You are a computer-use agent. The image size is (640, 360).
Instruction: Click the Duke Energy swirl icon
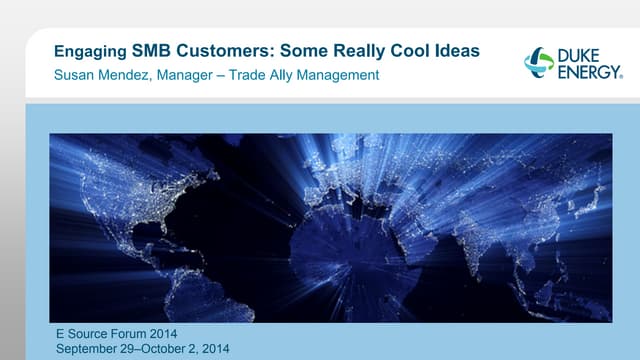[539, 62]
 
